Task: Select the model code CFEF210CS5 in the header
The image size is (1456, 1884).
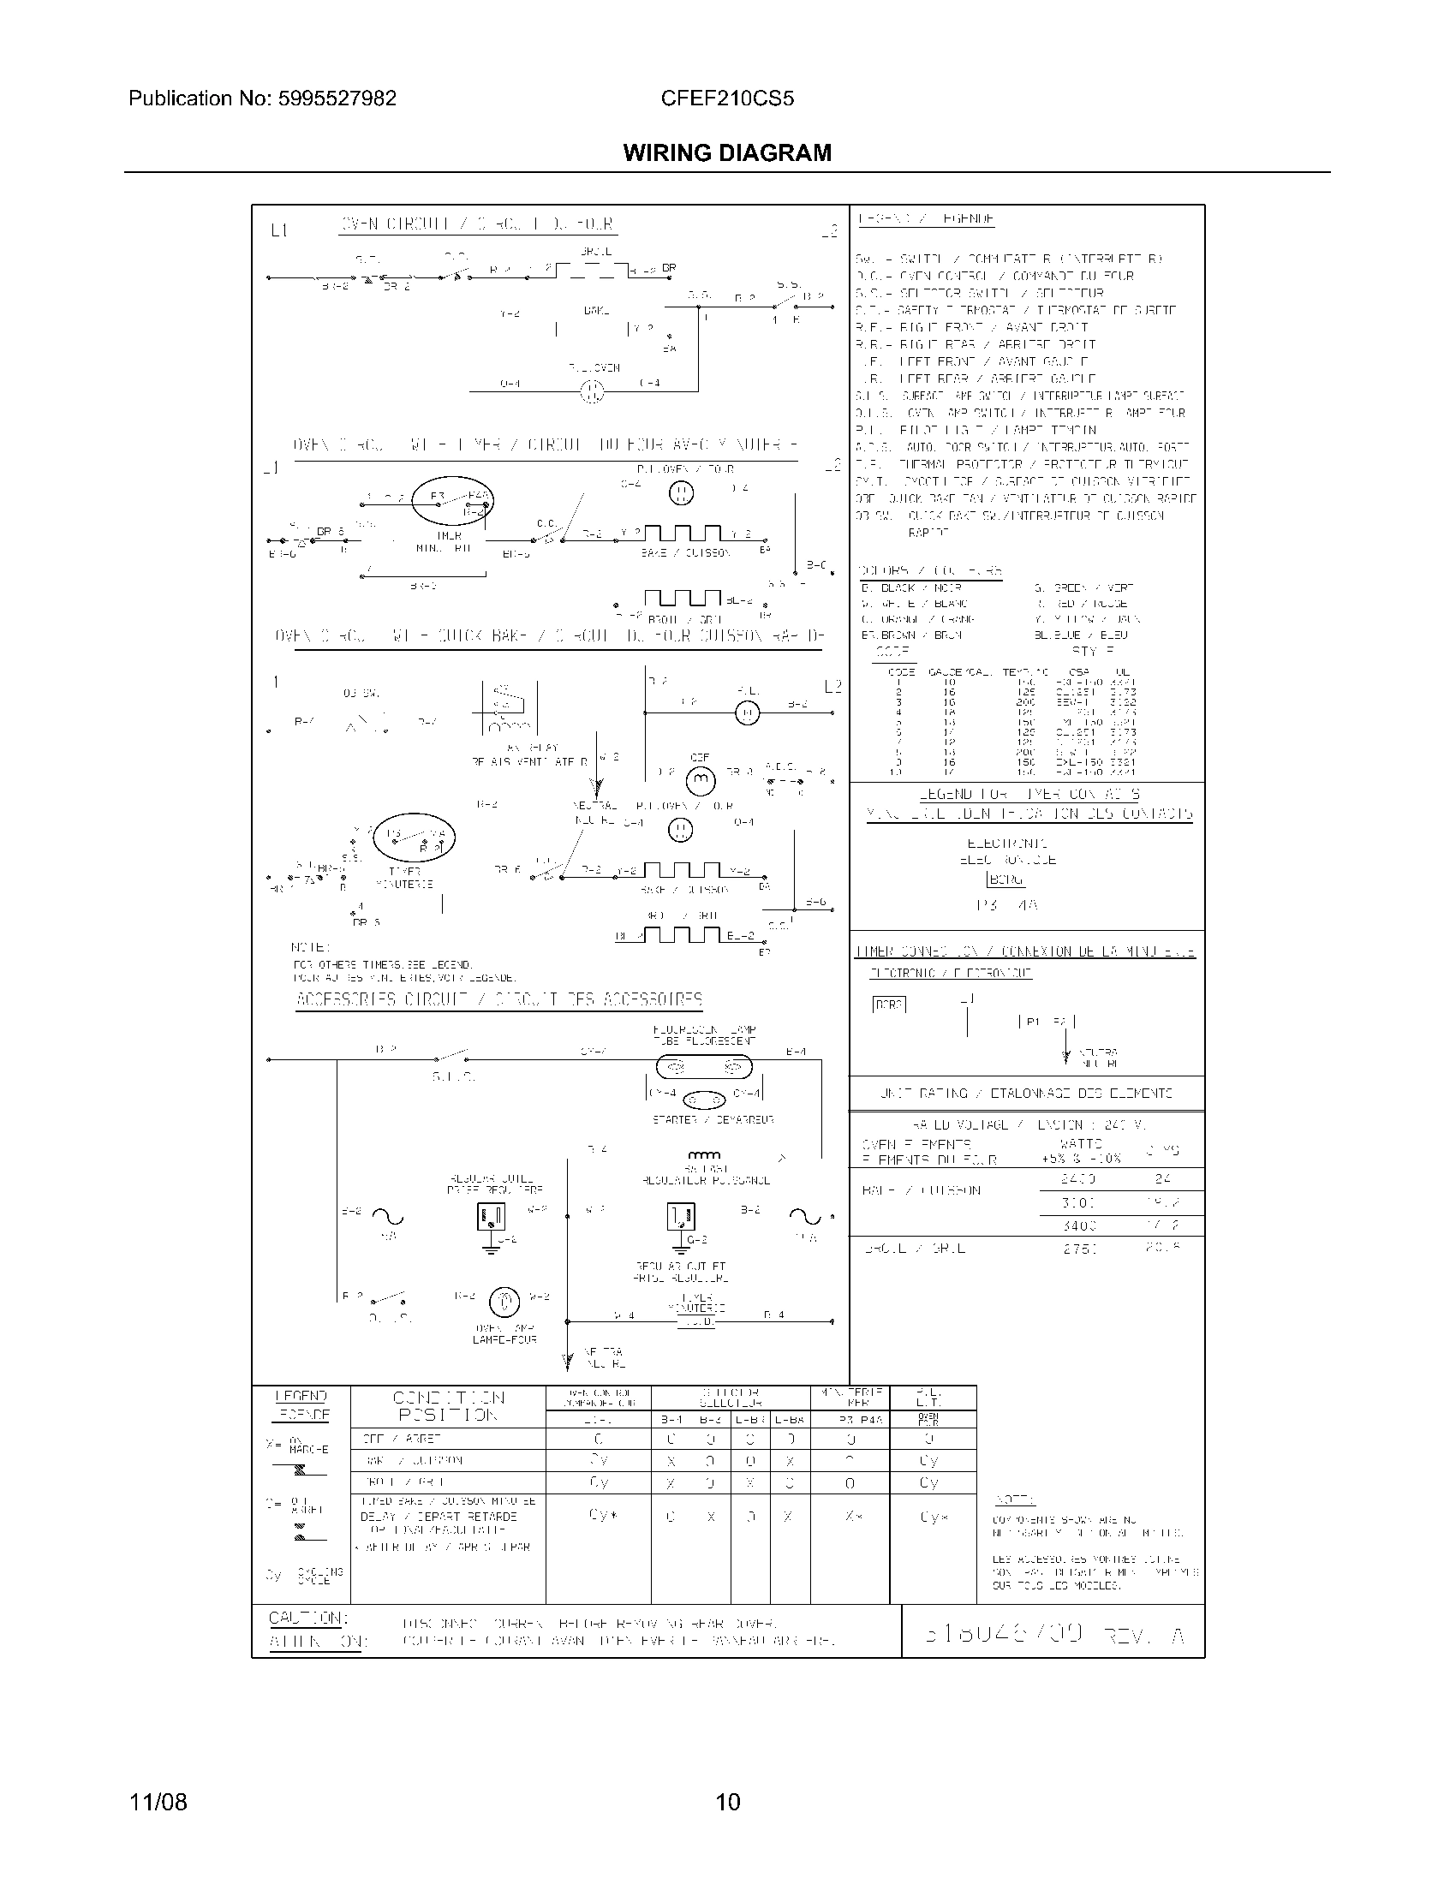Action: point(727,98)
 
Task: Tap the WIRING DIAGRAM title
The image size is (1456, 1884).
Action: point(727,153)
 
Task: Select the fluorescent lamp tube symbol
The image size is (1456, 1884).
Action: point(700,1068)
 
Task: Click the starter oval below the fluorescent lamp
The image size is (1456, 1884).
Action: point(705,1100)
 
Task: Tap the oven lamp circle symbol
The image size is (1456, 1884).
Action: point(504,1302)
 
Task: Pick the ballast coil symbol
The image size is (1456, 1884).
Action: point(705,1155)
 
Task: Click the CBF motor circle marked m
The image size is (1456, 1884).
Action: point(700,780)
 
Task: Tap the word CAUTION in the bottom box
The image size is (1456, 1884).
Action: point(308,1618)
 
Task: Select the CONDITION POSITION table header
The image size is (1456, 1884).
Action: point(449,1406)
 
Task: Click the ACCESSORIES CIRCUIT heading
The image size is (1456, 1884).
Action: point(498,999)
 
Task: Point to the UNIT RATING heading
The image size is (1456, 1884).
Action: point(1025,1093)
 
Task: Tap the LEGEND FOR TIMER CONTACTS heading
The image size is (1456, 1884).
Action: point(1029,795)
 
